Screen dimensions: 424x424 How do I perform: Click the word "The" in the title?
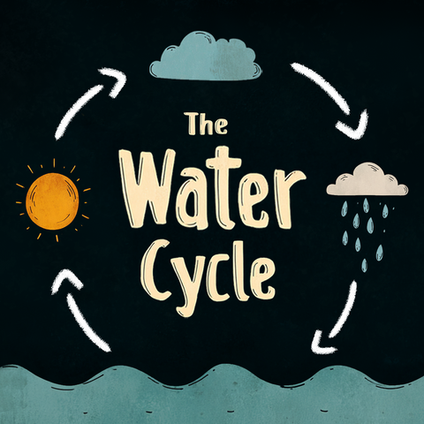click(207, 124)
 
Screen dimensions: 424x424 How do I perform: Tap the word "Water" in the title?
click(212, 189)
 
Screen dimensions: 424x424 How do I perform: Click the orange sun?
click(53, 201)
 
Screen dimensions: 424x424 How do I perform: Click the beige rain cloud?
click(367, 179)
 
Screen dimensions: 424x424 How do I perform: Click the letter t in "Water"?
click(223, 187)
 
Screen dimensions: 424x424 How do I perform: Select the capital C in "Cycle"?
click(155, 269)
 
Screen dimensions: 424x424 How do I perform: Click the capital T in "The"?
click(193, 124)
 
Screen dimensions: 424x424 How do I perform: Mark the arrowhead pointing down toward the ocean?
click(322, 343)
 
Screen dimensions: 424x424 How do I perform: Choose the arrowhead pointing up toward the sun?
click(66, 281)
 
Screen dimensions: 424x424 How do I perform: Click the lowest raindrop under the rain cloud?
click(365, 265)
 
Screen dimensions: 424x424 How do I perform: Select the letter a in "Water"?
click(192, 203)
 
